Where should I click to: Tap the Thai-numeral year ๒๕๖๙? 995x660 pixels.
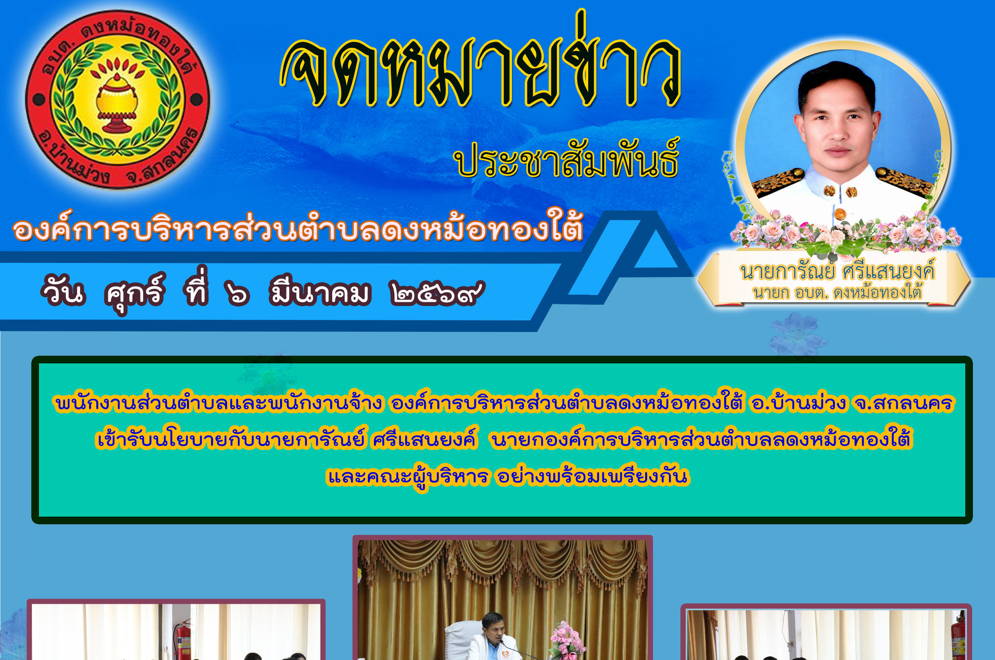pyautogui.click(x=437, y=292)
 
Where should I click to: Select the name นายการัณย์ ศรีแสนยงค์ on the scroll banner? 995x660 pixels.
pyautogui.click(x=837, y=271)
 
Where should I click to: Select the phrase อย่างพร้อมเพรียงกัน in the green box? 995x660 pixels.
pyautogui.click(x=593, y=477)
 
